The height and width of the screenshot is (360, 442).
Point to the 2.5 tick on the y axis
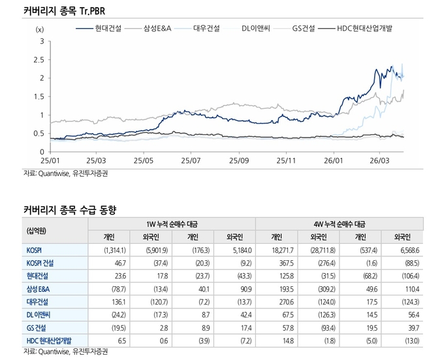pyautogui.click(x=39, y=59)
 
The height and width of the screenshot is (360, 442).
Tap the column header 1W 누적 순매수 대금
pyautogui.click(x=172, y=224)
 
